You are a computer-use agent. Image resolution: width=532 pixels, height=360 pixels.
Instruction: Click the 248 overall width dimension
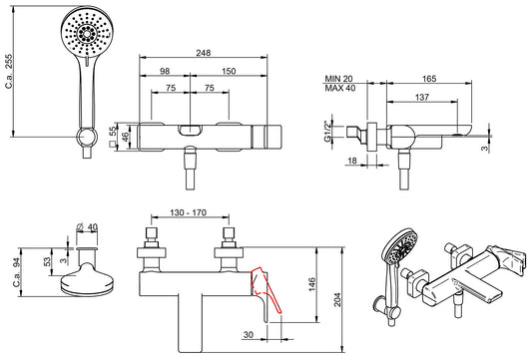coord(203,53)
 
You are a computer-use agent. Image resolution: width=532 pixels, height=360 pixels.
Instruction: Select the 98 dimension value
coord(165,71)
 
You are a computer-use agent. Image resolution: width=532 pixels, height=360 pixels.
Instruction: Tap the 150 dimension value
coord(229,71)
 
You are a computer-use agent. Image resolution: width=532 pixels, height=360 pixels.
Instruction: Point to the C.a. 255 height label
coord(9,71)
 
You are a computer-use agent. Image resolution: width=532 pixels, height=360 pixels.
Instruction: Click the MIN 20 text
coord(338,79)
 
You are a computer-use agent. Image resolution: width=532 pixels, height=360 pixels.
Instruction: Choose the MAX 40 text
coord(340,88)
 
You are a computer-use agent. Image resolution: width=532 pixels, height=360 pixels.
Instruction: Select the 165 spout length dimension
coord(429,79)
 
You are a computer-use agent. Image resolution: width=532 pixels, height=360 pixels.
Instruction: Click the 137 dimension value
coord(422,98)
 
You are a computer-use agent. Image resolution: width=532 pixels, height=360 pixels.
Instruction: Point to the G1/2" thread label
coord(327,132)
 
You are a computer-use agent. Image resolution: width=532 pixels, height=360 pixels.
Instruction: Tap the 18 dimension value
coord(352,161)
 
